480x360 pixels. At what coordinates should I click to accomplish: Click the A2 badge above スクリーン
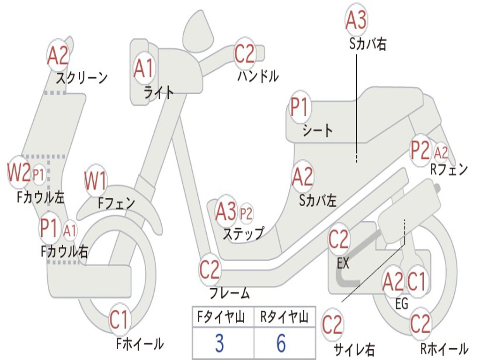[x=58, y=56]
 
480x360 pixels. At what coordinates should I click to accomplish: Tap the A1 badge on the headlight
[x=143, y=68]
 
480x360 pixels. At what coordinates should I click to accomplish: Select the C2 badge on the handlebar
[x=244, y=53]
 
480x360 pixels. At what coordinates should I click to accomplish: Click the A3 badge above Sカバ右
[x=356, y=19]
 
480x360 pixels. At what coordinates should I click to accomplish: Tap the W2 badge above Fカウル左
[x=19, y=173]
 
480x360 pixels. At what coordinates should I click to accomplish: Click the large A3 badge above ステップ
[x=226, y=212]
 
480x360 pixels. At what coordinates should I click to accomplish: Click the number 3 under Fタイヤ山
[x=219, y=344]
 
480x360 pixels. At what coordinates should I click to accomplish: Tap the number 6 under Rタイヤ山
[x=281, y=344]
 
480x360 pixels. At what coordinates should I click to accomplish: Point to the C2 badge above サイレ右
[x=332, y=325]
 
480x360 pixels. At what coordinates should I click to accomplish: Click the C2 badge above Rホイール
[x=420, y=324]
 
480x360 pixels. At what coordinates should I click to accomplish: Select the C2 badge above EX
[x=339, y=240]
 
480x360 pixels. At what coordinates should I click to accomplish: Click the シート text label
[x=318, y=130]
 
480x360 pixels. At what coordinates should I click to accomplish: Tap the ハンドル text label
[x=258, y=76]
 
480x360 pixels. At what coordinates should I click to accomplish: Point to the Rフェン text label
[x=449, y=170]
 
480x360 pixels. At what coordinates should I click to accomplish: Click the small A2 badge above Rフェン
[x=441, y=152]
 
